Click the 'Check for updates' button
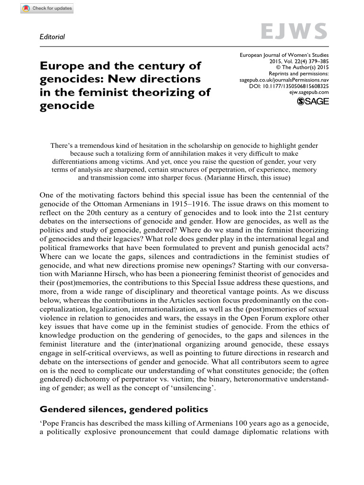(47, 9)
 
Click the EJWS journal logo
(294, 32)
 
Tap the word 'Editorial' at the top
(52, 36)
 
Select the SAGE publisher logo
(312, 101)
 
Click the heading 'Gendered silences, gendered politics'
(124, 409)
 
